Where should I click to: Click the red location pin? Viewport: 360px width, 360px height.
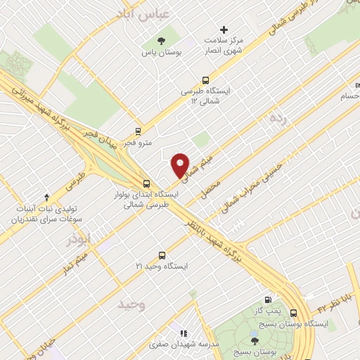[x=181, y=165]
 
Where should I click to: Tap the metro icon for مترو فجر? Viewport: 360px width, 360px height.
[x=138, y=131]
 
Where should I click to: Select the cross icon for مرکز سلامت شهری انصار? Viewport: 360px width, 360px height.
[x=224, y=30]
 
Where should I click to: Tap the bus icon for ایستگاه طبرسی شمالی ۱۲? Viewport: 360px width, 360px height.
[x=205, y=80]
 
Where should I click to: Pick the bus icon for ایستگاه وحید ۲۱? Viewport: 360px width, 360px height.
[x=162, y=255]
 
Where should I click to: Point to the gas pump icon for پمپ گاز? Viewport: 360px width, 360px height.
[x=266, y=300]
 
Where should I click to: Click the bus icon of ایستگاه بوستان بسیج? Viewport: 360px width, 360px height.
[x=293, y=314]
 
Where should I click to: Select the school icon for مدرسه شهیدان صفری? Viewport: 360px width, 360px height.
[x=183, y=333]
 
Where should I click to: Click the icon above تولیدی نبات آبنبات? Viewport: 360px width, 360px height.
[x=47, y=198]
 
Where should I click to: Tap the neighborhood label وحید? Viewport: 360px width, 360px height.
[x=131, y=304]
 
